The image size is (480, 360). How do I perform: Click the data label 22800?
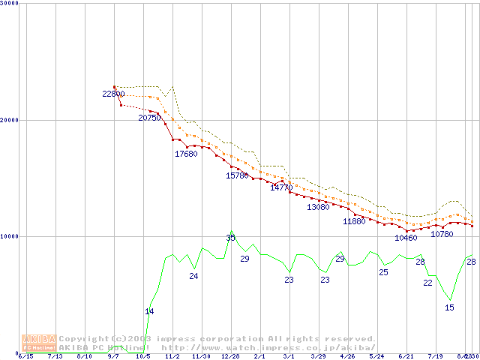click(x=114, y=94)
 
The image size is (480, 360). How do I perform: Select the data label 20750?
click(x=149, y=118)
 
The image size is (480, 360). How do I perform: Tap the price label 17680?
click(x=186, y=154)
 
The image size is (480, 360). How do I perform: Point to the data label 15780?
click(x=237, y=175)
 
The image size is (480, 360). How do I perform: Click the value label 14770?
click(x=281, y=187)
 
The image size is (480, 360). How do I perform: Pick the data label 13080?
click(x=318, y=207)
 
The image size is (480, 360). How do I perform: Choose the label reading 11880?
click(x=354, y=222)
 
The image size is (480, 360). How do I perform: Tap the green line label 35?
click(x=230, y=238)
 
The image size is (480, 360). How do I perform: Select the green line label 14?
click(x=149, y=311)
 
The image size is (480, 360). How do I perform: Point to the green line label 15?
click(x=449, y=307)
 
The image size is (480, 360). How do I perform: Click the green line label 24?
click(x=193, y=277)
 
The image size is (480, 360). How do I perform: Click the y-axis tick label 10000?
click(x=10, y=236)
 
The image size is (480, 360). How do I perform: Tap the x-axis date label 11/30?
click(x=201, y=357)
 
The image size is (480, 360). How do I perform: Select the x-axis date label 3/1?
click(x=289, y=357)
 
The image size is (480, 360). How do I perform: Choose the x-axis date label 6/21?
click(x=406, y=357)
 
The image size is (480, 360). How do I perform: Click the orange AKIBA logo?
click(x=39, y=343)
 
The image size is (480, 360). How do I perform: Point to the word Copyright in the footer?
click(x=84, y=338)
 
